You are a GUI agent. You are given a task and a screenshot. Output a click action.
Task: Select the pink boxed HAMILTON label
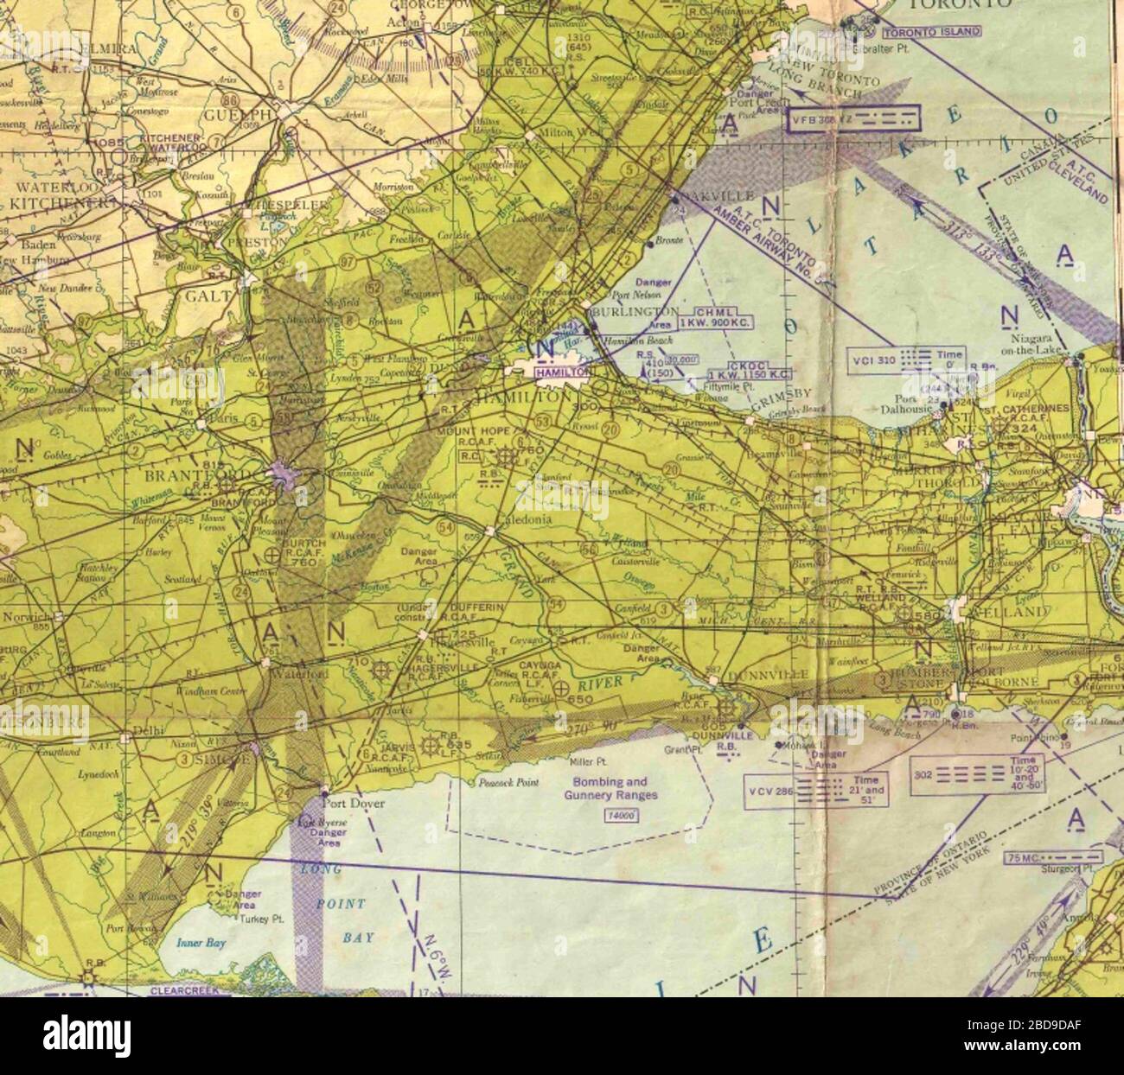[561, 372]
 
